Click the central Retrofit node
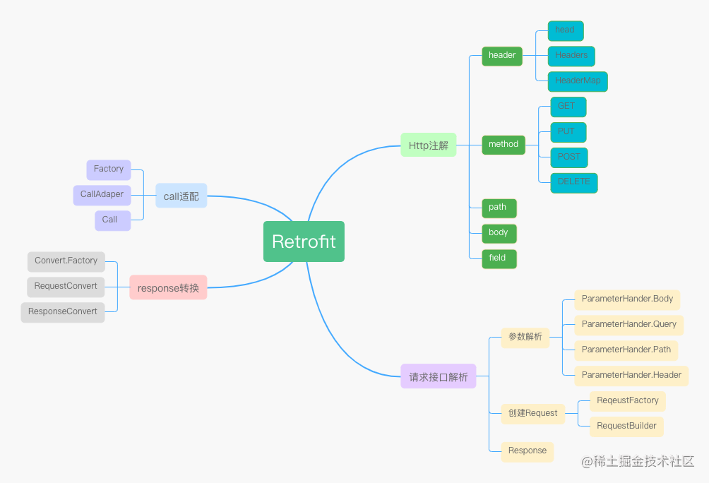point(304,241)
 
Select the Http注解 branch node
point(428,145)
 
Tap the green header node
point(502,56)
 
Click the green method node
point(504,145)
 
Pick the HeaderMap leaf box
point(578,81)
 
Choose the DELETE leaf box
point(573,182)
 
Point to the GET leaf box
point(568,107)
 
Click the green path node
point(498,208)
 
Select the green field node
point(498,258)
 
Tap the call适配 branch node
point(181,196)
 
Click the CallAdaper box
point(102,195)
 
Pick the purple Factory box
point(109,169)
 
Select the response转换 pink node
point(168,287)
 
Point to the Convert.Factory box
point(66,261)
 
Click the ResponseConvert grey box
point(63,312)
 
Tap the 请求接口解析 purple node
point(439,376)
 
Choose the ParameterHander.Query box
point(628,325)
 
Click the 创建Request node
point(532,414)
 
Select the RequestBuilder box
point(626,427)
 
